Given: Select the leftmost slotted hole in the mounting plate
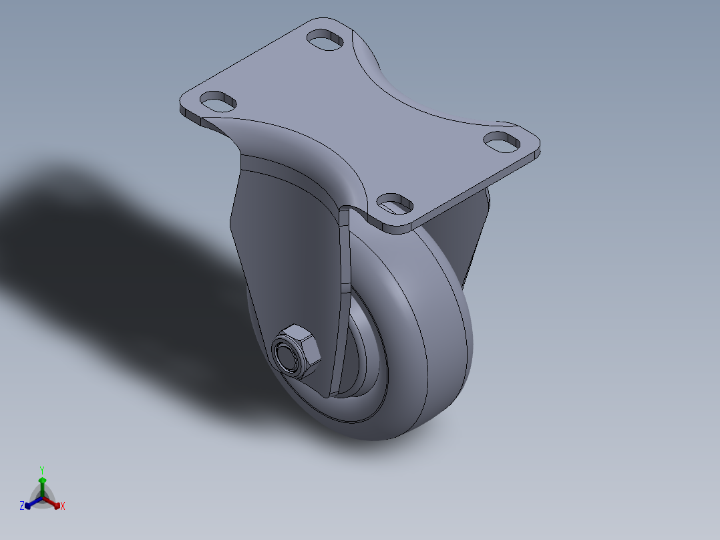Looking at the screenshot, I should point(218,102).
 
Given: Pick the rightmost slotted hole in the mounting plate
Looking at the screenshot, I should point(502,142).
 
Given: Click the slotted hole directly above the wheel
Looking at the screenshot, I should point(395,202).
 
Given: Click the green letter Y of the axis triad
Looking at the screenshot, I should point(41,469).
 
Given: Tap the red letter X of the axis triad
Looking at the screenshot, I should point(63,507).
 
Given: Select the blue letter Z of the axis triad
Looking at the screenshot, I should point(22,507).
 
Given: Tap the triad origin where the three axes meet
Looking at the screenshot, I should point(42,499).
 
